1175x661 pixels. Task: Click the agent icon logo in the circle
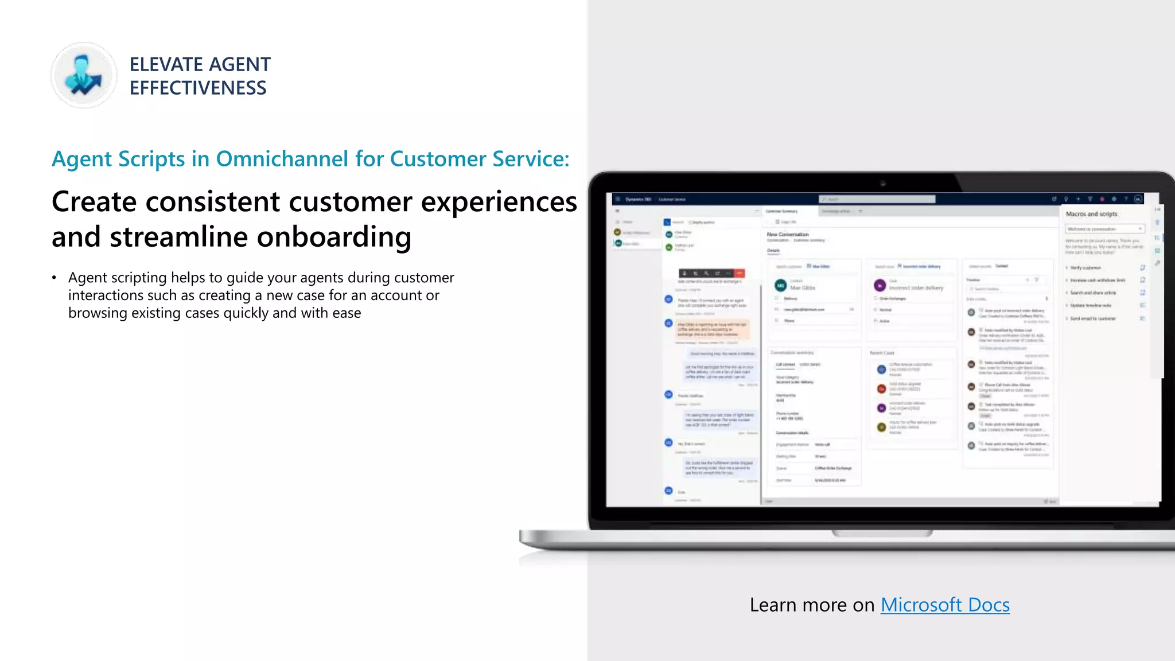84,75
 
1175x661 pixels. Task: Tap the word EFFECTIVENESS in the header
198,88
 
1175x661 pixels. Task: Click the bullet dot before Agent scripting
54,278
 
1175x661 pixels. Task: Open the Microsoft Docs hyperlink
945,605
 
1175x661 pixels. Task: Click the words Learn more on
812,605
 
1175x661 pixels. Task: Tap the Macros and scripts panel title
1091,214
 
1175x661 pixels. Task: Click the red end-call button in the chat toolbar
740,273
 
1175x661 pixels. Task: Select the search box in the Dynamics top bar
877,199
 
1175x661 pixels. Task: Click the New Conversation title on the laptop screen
788,234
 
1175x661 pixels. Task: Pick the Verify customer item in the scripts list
1085,268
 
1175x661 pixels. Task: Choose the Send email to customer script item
1092,318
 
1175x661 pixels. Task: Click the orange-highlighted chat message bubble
711,329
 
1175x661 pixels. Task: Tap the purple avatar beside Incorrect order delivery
880,285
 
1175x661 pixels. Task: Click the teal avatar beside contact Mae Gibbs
780,285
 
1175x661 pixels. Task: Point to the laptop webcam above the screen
883,184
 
